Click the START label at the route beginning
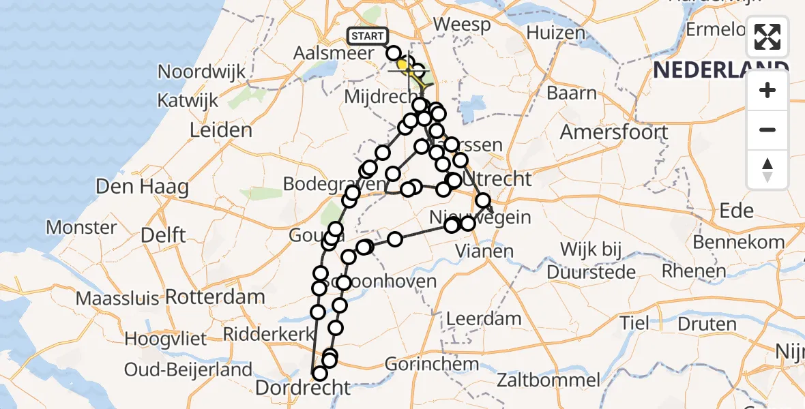tap(368, 36)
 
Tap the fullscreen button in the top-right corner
tap(767, 37)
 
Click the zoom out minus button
tap(767, 130)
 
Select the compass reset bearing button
tap(767, 170)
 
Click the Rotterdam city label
tap(215, 297)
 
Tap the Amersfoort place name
tap(613, 132)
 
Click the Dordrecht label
tap(303, 388)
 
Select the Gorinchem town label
tap(432, 364)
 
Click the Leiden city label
tap(222, 130)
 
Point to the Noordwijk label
tap(201, 72)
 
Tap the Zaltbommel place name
tap(549, 380)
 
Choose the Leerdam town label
tap(484, 318)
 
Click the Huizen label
tap(555, 32)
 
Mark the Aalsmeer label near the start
tap(334, 53)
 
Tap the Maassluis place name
tap(117, 298)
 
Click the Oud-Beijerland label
tap(188, 370)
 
